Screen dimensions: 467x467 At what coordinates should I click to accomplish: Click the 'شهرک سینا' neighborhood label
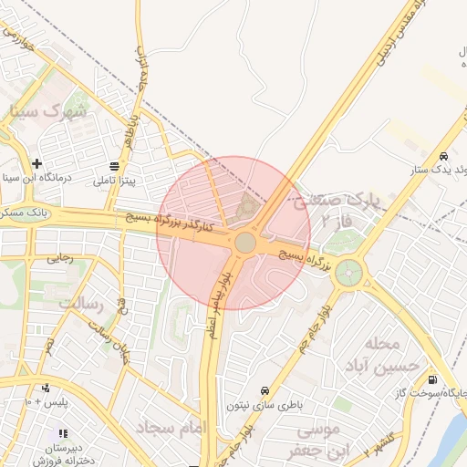coord(49,111)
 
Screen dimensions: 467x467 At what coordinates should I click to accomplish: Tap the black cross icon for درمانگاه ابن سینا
coord(36,162)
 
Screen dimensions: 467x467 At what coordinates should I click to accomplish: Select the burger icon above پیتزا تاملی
coord(115,166)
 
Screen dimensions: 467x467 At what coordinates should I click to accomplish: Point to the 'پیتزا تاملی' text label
coord(114,181)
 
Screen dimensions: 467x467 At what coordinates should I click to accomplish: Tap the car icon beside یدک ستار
coord(442,156)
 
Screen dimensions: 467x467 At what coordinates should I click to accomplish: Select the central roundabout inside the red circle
coord(244,243)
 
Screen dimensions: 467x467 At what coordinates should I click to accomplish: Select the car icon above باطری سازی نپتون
coord(265,389)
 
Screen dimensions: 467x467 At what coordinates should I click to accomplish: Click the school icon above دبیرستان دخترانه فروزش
coord(62,433)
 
